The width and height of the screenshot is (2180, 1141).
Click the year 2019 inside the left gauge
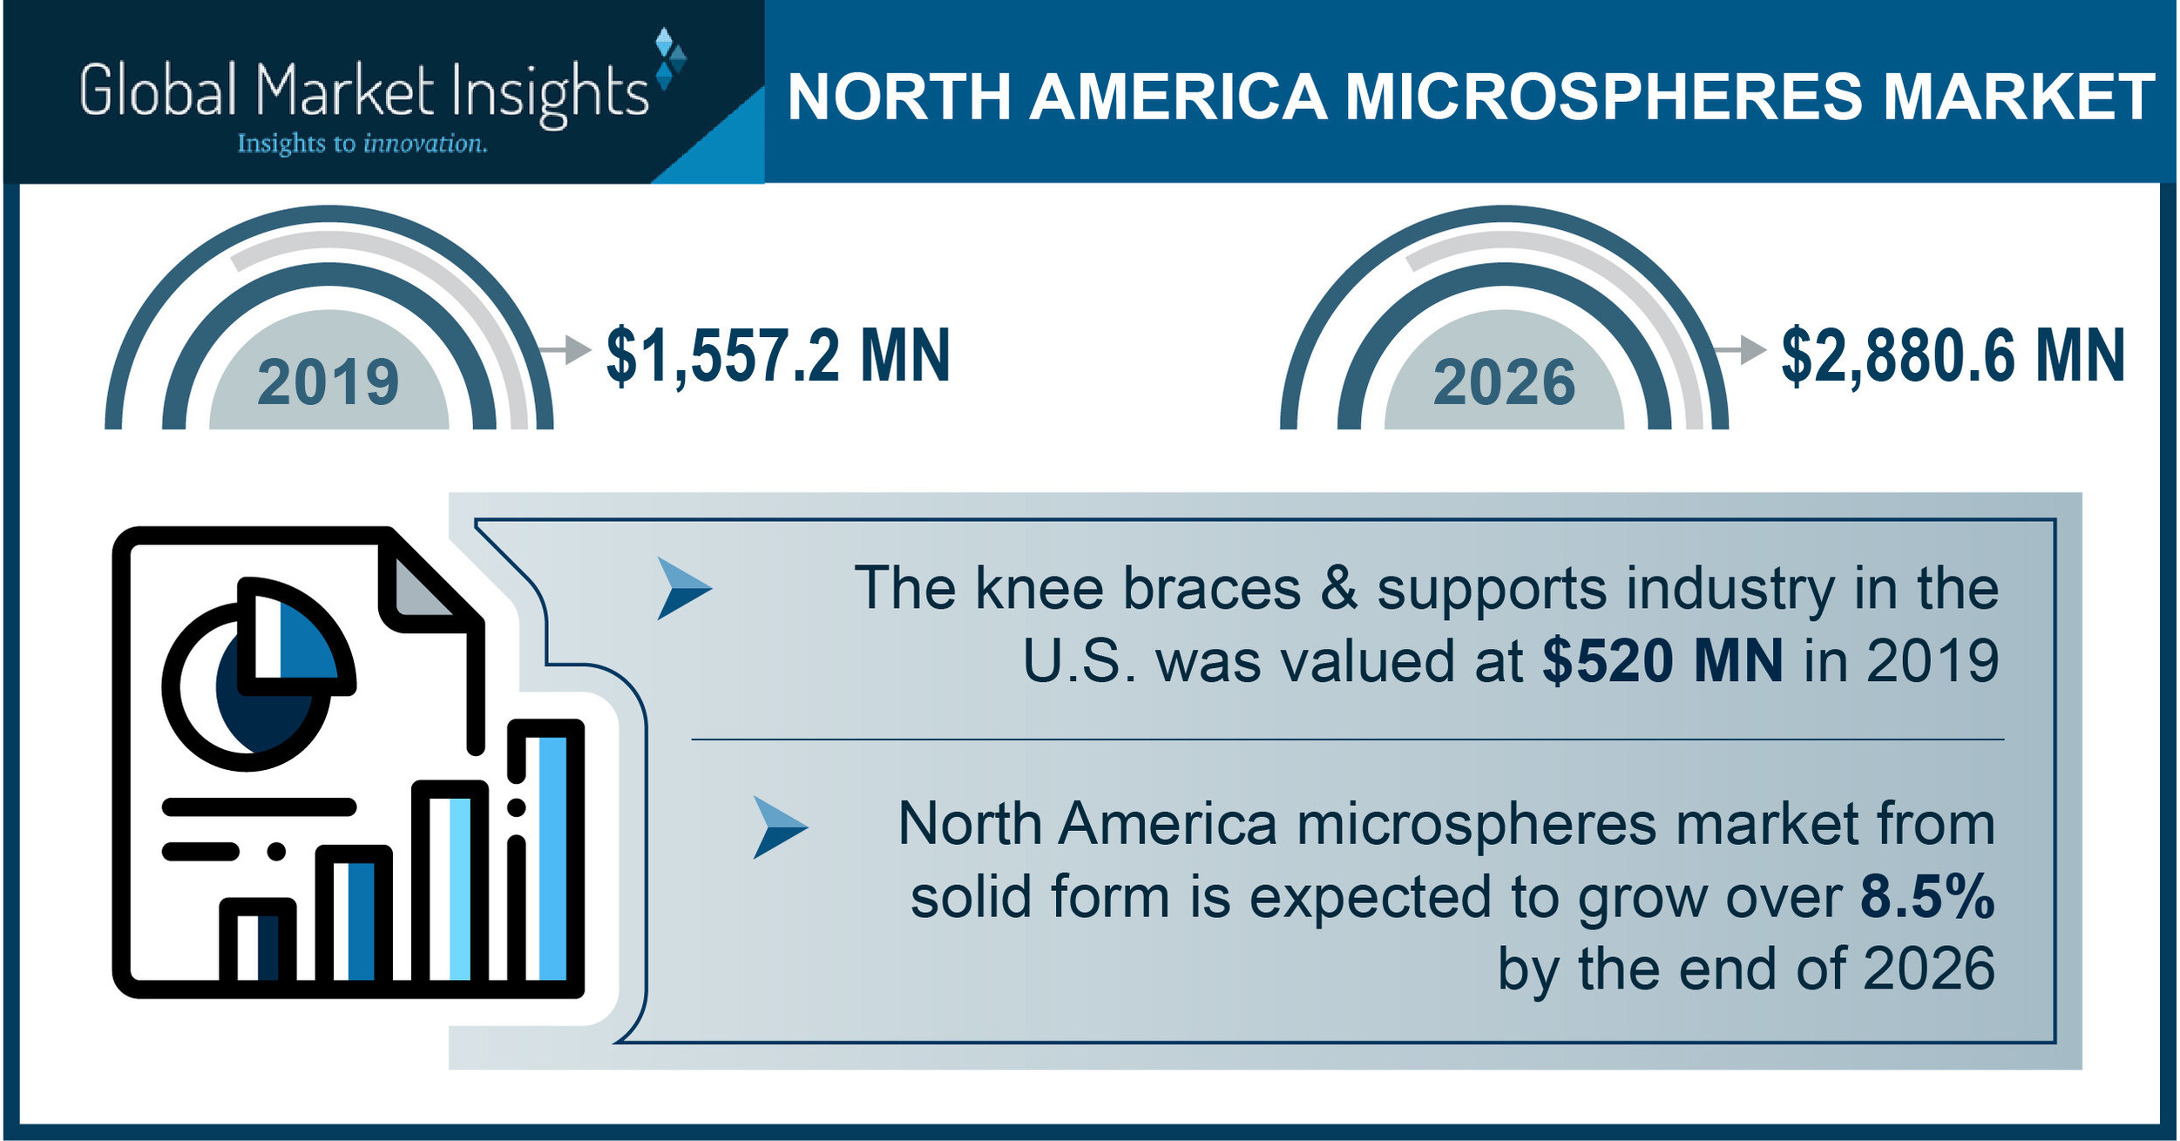click(328, 382)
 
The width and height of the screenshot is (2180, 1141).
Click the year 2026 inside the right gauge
click(1504, 382)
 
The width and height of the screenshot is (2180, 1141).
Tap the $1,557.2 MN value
click(778, 356)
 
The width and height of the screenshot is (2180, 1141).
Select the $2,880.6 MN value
click(1953, 356)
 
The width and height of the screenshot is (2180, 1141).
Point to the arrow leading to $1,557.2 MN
click(565, 349)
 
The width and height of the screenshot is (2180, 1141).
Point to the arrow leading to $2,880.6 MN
click(1739, 349)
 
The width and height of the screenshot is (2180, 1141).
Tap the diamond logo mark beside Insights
click(670, 59)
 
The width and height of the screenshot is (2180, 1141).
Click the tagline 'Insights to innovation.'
click(362, 144)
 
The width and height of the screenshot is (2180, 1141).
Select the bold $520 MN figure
click(1662, 660)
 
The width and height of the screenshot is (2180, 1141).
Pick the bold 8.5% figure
click(1927, 896)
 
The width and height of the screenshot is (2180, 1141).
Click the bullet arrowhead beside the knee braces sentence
click(684, 589)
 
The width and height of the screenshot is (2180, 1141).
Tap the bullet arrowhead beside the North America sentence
click(780, 827)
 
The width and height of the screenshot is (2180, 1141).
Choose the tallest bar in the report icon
click(545, 857)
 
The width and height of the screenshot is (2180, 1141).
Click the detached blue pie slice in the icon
click(296, 637)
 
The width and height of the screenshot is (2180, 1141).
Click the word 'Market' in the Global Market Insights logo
click(346, 91)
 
